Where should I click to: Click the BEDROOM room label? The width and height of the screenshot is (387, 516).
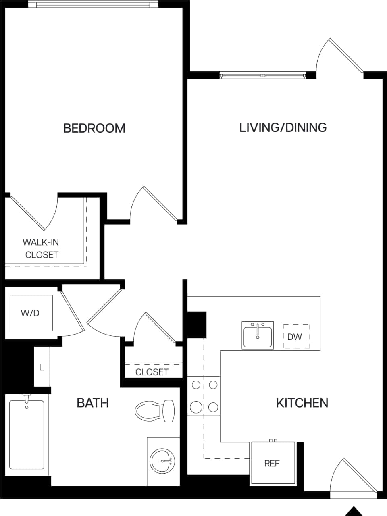point(94,128)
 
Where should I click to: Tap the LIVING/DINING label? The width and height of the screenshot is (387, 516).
point(283,127)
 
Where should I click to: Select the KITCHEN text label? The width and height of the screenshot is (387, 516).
point(302,403)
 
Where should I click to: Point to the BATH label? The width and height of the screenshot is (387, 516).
point(93,403)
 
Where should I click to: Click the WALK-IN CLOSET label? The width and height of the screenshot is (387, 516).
point(41,248)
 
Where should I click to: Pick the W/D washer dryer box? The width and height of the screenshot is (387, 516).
point(31,313)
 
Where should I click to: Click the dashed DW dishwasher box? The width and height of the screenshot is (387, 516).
point(296,337)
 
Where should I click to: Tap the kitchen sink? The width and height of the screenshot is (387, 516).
point(258,335)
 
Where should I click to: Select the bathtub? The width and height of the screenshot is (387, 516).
point(27,434)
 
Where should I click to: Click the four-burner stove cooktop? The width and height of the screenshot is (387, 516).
point(204,396)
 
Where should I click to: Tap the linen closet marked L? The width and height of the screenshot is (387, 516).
point(42,367)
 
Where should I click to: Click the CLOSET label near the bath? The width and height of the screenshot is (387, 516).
point(152,372)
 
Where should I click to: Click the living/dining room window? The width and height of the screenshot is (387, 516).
point(263,75)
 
